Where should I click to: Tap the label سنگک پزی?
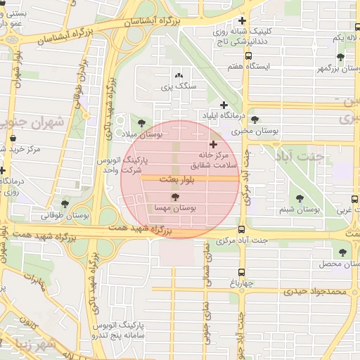(x=177, y=86)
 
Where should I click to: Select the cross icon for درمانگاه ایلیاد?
(x=224, y=105)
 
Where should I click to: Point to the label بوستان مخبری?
(x=256, y=130)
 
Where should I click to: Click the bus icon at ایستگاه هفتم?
(x=247, y=55)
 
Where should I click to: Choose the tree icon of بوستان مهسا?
(x=175, y=198)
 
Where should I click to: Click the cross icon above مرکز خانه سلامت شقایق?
(x=213, y=144)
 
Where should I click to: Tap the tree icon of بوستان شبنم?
(x=301, y=199)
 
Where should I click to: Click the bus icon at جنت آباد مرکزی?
(x=242, y=229)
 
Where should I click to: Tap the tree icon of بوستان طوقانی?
(x=65, y=204)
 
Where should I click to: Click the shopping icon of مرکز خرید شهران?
(x=14, y=138)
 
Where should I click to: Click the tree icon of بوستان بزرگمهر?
(x=340, y=57)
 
